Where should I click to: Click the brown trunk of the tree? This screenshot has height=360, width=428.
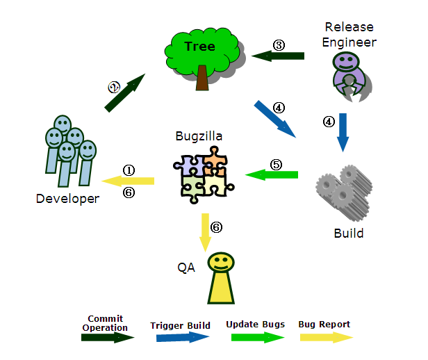tap(202, 77)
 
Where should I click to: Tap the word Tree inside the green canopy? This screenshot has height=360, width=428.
tap(199, 47)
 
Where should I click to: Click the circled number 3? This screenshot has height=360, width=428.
tap(279, 45)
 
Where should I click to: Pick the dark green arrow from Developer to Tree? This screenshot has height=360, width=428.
tap(124, 93)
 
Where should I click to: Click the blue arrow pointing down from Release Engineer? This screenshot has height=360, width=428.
tap(343, 132)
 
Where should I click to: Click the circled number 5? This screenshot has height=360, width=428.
tap(276, 165)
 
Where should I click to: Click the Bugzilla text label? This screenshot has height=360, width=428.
tap(199, 136)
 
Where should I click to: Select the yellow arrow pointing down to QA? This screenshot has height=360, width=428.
tap(205, 231)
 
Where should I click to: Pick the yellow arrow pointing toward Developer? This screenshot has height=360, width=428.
tap(128, 181)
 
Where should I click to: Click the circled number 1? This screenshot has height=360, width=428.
tap(129, 170)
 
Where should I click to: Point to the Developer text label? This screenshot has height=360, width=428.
tap(67, 199)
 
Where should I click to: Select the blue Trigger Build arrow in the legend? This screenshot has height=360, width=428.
tap(183, 337)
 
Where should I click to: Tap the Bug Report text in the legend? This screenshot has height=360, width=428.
tap(324, 324)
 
